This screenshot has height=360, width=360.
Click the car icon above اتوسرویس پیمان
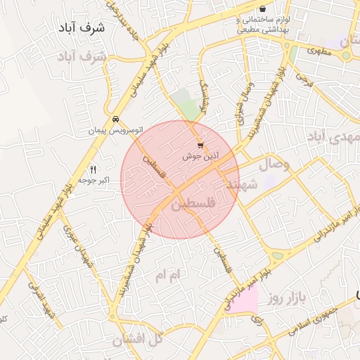click(115, 119)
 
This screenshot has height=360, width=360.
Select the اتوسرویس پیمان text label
click(115, 131)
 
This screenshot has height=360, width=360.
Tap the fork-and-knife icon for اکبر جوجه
click(93, 169)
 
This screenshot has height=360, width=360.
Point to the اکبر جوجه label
click(94, 181)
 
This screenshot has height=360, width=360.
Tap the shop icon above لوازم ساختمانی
click(262, 8)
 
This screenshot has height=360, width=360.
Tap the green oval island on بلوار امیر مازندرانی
click(278, 256)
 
